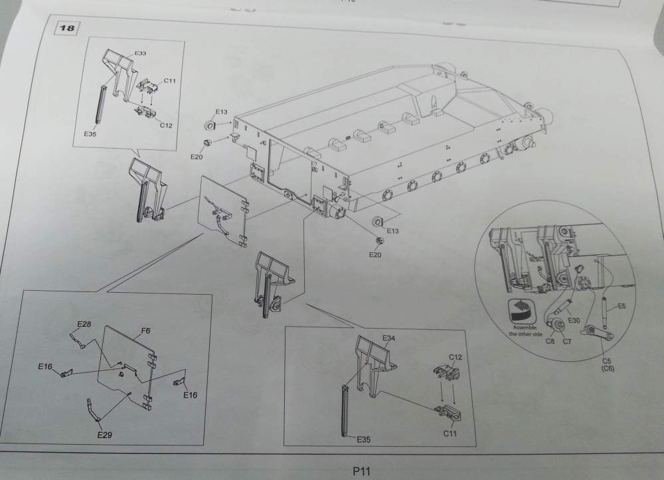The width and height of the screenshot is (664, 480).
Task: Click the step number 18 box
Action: click(68, 29)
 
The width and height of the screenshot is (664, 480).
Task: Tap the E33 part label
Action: click(141, 52)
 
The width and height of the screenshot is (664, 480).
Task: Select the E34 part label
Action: click(389, 339)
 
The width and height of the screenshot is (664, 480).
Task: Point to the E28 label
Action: click(84, 324)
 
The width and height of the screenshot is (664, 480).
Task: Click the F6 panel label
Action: click(145, 330)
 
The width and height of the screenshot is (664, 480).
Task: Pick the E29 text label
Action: click(104, 435)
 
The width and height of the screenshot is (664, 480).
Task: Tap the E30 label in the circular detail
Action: click(574, 320)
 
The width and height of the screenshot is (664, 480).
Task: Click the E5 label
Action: click(622, 306)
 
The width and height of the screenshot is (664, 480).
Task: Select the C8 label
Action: click(550, 342)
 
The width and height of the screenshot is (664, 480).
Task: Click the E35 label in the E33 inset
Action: click(91, 133)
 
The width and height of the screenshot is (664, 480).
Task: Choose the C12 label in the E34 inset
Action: click(456, 357)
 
